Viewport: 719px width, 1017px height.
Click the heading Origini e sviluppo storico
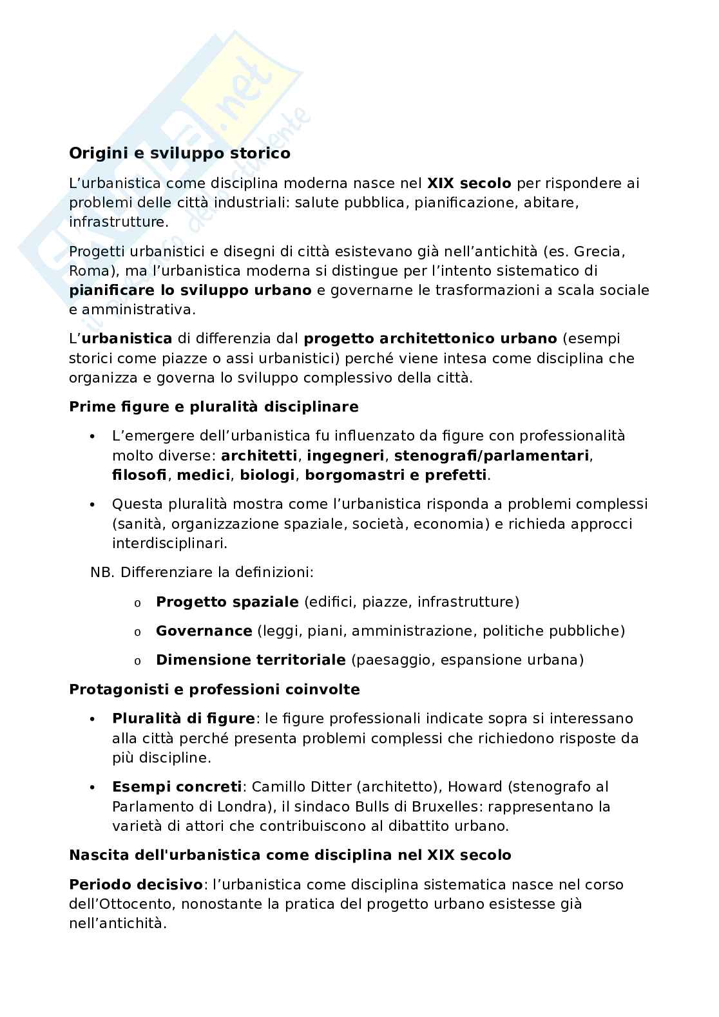[179, 154]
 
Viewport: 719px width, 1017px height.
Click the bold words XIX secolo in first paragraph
[469, 184]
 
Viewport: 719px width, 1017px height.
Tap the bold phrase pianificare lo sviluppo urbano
[190, 290]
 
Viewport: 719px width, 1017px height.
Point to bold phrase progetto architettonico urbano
[430, 339]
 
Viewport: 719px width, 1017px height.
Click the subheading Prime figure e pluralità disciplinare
[213, 407]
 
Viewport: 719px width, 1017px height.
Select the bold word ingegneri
[345, 456]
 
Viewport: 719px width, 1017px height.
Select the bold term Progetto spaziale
[227, 602]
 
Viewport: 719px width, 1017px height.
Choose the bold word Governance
[204, 631]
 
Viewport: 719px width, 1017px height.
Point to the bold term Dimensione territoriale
[251, 660]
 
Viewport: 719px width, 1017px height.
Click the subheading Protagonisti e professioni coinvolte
[214, 690]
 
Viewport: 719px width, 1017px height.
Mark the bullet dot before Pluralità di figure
[93, 719]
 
